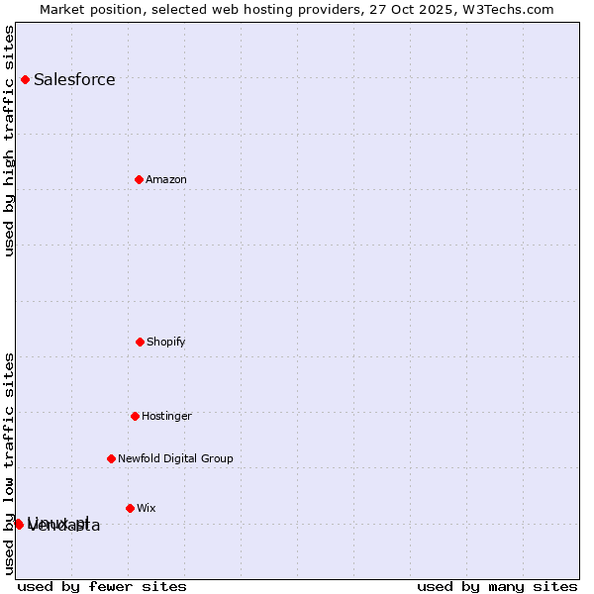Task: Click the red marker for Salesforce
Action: (x=25, y=79)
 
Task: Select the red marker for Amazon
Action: (x=140, y=179)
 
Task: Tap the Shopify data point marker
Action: (x=140, y=342)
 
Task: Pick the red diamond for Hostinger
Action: (x=135, y=416)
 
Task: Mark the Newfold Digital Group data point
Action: (x=111, y=458)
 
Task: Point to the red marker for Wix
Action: (x=130, y=508)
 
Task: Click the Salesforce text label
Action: (x=74, y=80)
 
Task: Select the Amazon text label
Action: (x=166, y=180)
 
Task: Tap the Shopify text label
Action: (x=166, y=343)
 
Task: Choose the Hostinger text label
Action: (x=166, y=417)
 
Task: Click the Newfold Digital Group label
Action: (x=175, y=459)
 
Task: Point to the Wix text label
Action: (x=147, y=509)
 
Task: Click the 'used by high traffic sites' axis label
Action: (x=9, y=141)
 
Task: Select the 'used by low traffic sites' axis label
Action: (x=9, y=463)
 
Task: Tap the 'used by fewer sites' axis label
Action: (x=102, y=586)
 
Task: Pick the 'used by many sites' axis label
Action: (x=497, y=586)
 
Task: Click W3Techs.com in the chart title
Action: (x=511, y=9)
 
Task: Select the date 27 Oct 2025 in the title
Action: (x=424, y=9)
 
